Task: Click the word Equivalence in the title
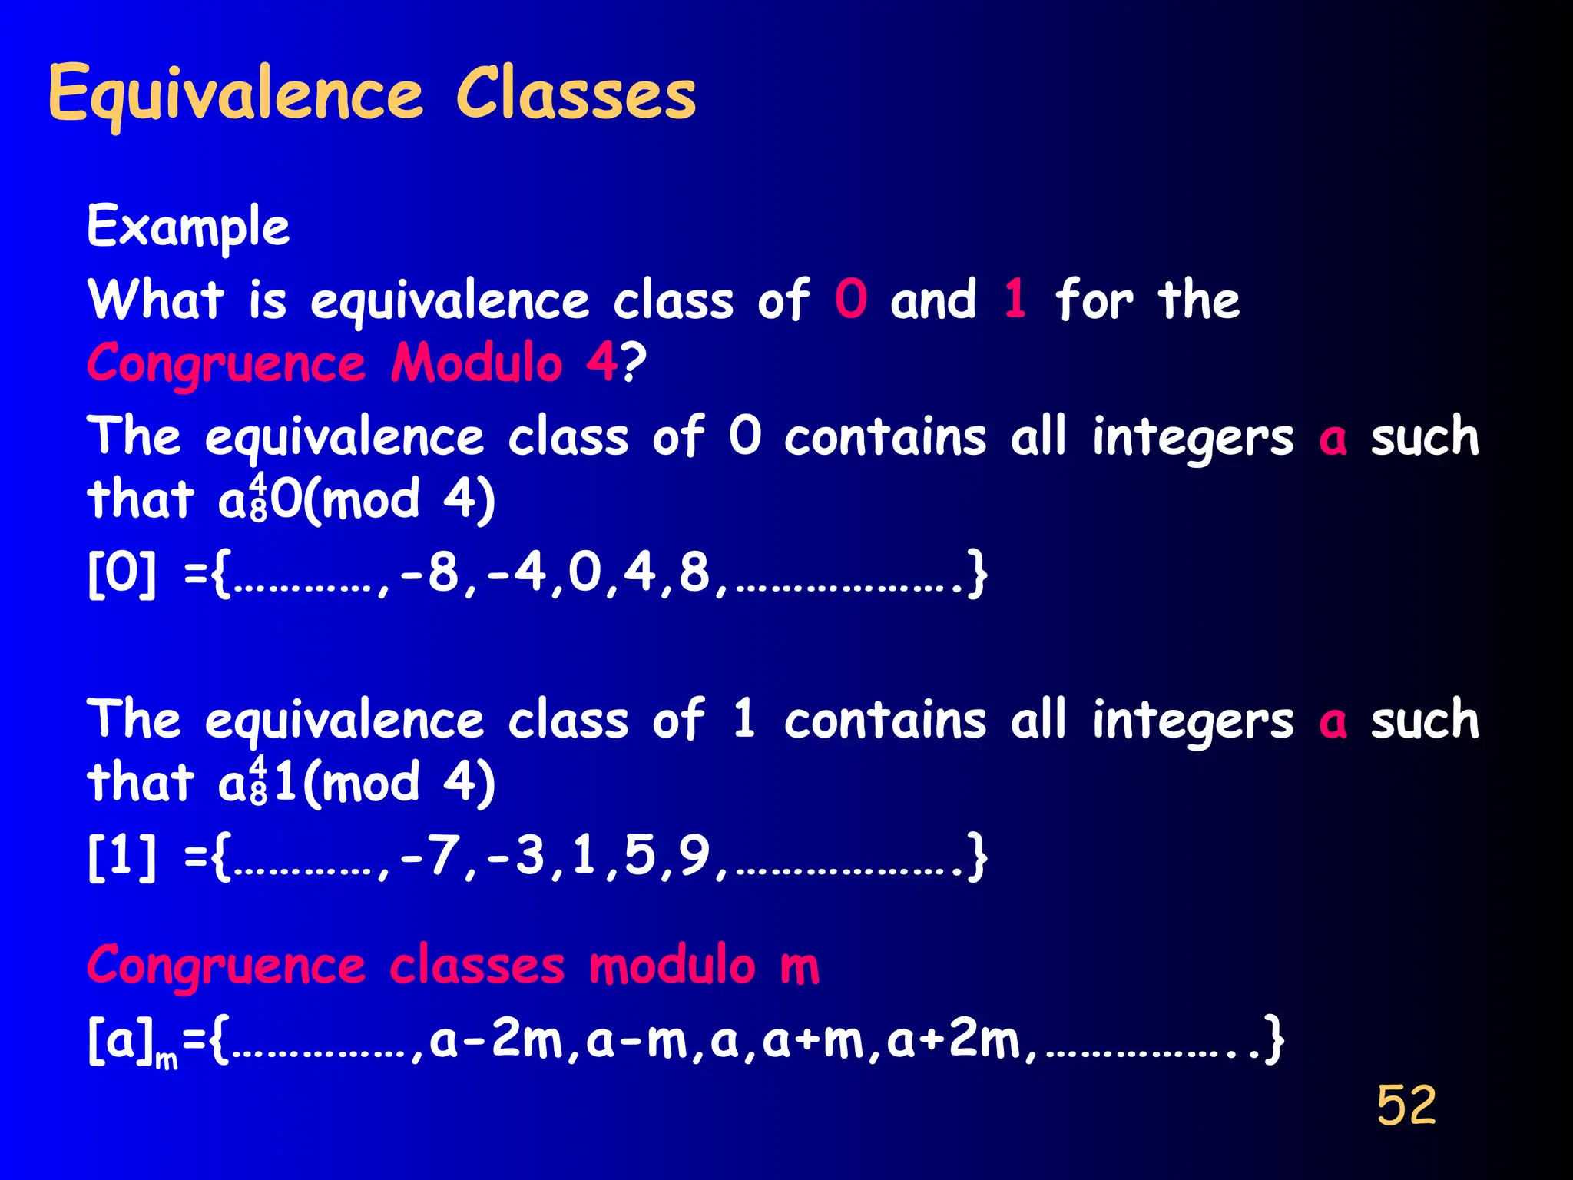tap(235, 95)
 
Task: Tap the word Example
tap(188, 227)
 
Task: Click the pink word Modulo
tap(477, 363)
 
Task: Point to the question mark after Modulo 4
tap(634, 363)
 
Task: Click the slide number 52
tap(1406, 1105)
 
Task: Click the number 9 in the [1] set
tap(694, 856)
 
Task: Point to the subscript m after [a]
tap(167, 1061)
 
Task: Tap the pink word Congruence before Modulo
tap(227, 363)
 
